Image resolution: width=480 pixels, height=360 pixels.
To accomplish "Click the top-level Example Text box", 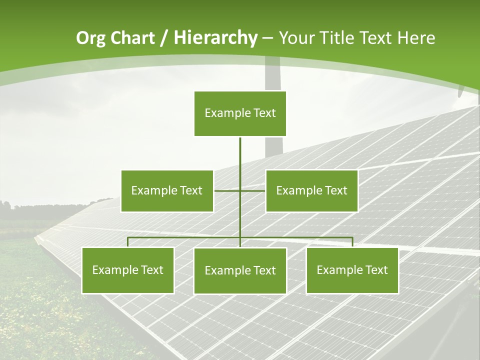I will pyautogui.click(x=240, y=113).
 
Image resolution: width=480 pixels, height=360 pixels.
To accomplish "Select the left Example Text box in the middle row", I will pyautogui.click(x=166, y=190).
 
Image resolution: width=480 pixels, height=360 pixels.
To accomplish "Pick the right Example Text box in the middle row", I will pyautogui.click(x=311, y=190).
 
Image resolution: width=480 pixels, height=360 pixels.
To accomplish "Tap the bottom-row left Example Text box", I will pyautogui.click(x=127, y=270).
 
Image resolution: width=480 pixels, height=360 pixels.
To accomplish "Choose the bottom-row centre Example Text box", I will pyautogui.click(x=240, y=270).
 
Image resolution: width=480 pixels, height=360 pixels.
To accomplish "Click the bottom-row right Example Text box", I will pyautogui.click(x=352, y=270).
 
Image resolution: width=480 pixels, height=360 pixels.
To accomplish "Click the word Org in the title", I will pyautogui.click(x=91, y=38).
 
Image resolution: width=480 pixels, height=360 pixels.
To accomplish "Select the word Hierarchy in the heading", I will pyautogui.click(x=215, y=38).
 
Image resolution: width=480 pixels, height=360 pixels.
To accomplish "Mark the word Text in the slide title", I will pyautogui.click(x=377, y=38).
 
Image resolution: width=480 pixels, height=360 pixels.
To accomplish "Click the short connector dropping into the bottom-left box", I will pyautogui.click(x=128, y=242).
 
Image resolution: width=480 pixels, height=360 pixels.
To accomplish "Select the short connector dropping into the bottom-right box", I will pyautogui.click(x=352, y=242).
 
